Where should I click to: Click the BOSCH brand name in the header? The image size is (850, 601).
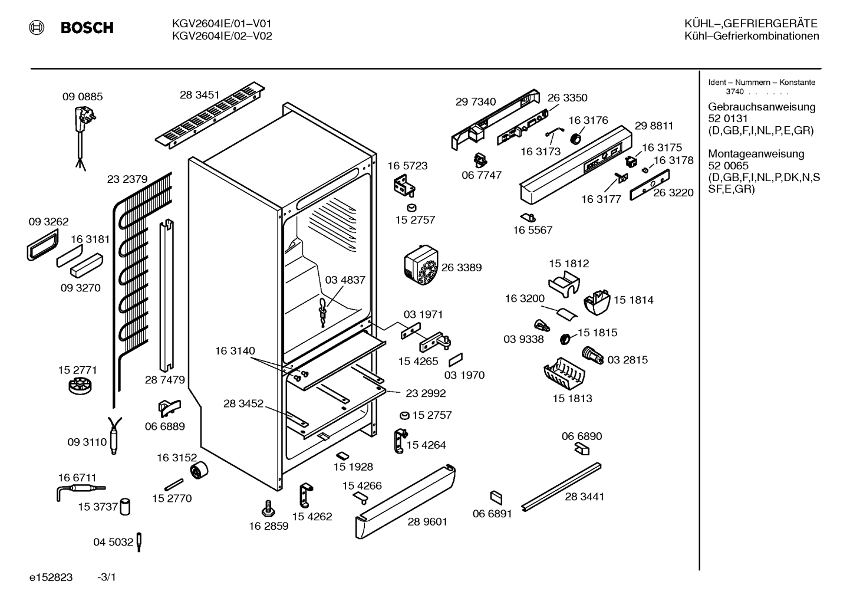87,28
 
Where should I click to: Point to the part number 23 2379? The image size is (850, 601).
127,179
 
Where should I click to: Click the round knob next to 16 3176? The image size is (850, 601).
575,138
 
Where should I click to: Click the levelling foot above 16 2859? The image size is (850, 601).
269,508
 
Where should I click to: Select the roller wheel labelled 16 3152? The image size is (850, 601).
199,471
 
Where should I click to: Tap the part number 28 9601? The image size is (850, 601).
427,521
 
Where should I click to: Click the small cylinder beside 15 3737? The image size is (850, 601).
125,507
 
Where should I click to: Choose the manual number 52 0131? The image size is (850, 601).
728,119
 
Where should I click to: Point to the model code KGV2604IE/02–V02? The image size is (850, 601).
222,36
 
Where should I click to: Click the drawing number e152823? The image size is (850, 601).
51,577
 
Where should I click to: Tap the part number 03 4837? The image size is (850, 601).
345,280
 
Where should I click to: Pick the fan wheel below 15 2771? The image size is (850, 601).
80,386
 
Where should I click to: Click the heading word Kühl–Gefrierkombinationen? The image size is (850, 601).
752,36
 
